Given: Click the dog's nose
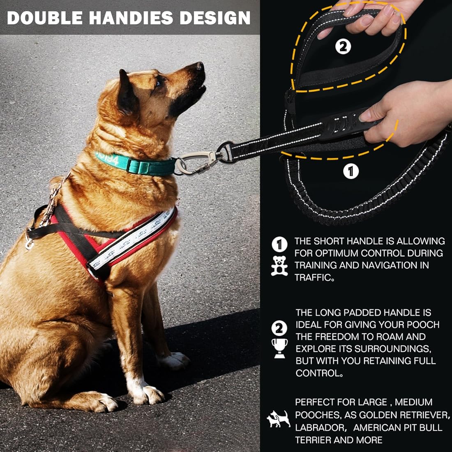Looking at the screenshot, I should click(200, 66).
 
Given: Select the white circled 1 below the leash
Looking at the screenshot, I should click(351, 171).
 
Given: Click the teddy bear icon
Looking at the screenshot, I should click(279, 265).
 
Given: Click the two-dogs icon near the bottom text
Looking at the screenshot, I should click(279, 419).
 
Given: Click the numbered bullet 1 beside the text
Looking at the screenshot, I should click(279, 245).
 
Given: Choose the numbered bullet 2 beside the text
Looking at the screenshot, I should click(279, 328).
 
